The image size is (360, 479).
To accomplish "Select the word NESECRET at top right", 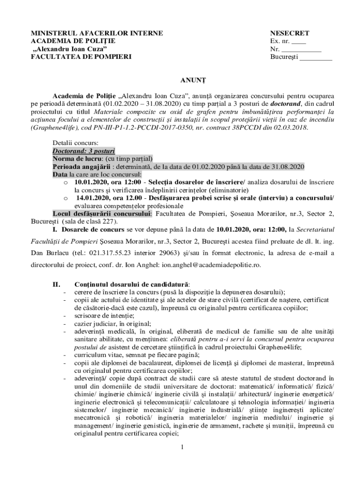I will coord(289,33).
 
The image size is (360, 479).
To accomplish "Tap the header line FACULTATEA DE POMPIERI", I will coord(81,57).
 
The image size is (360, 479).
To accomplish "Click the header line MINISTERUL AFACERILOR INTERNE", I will coord(97,33).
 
